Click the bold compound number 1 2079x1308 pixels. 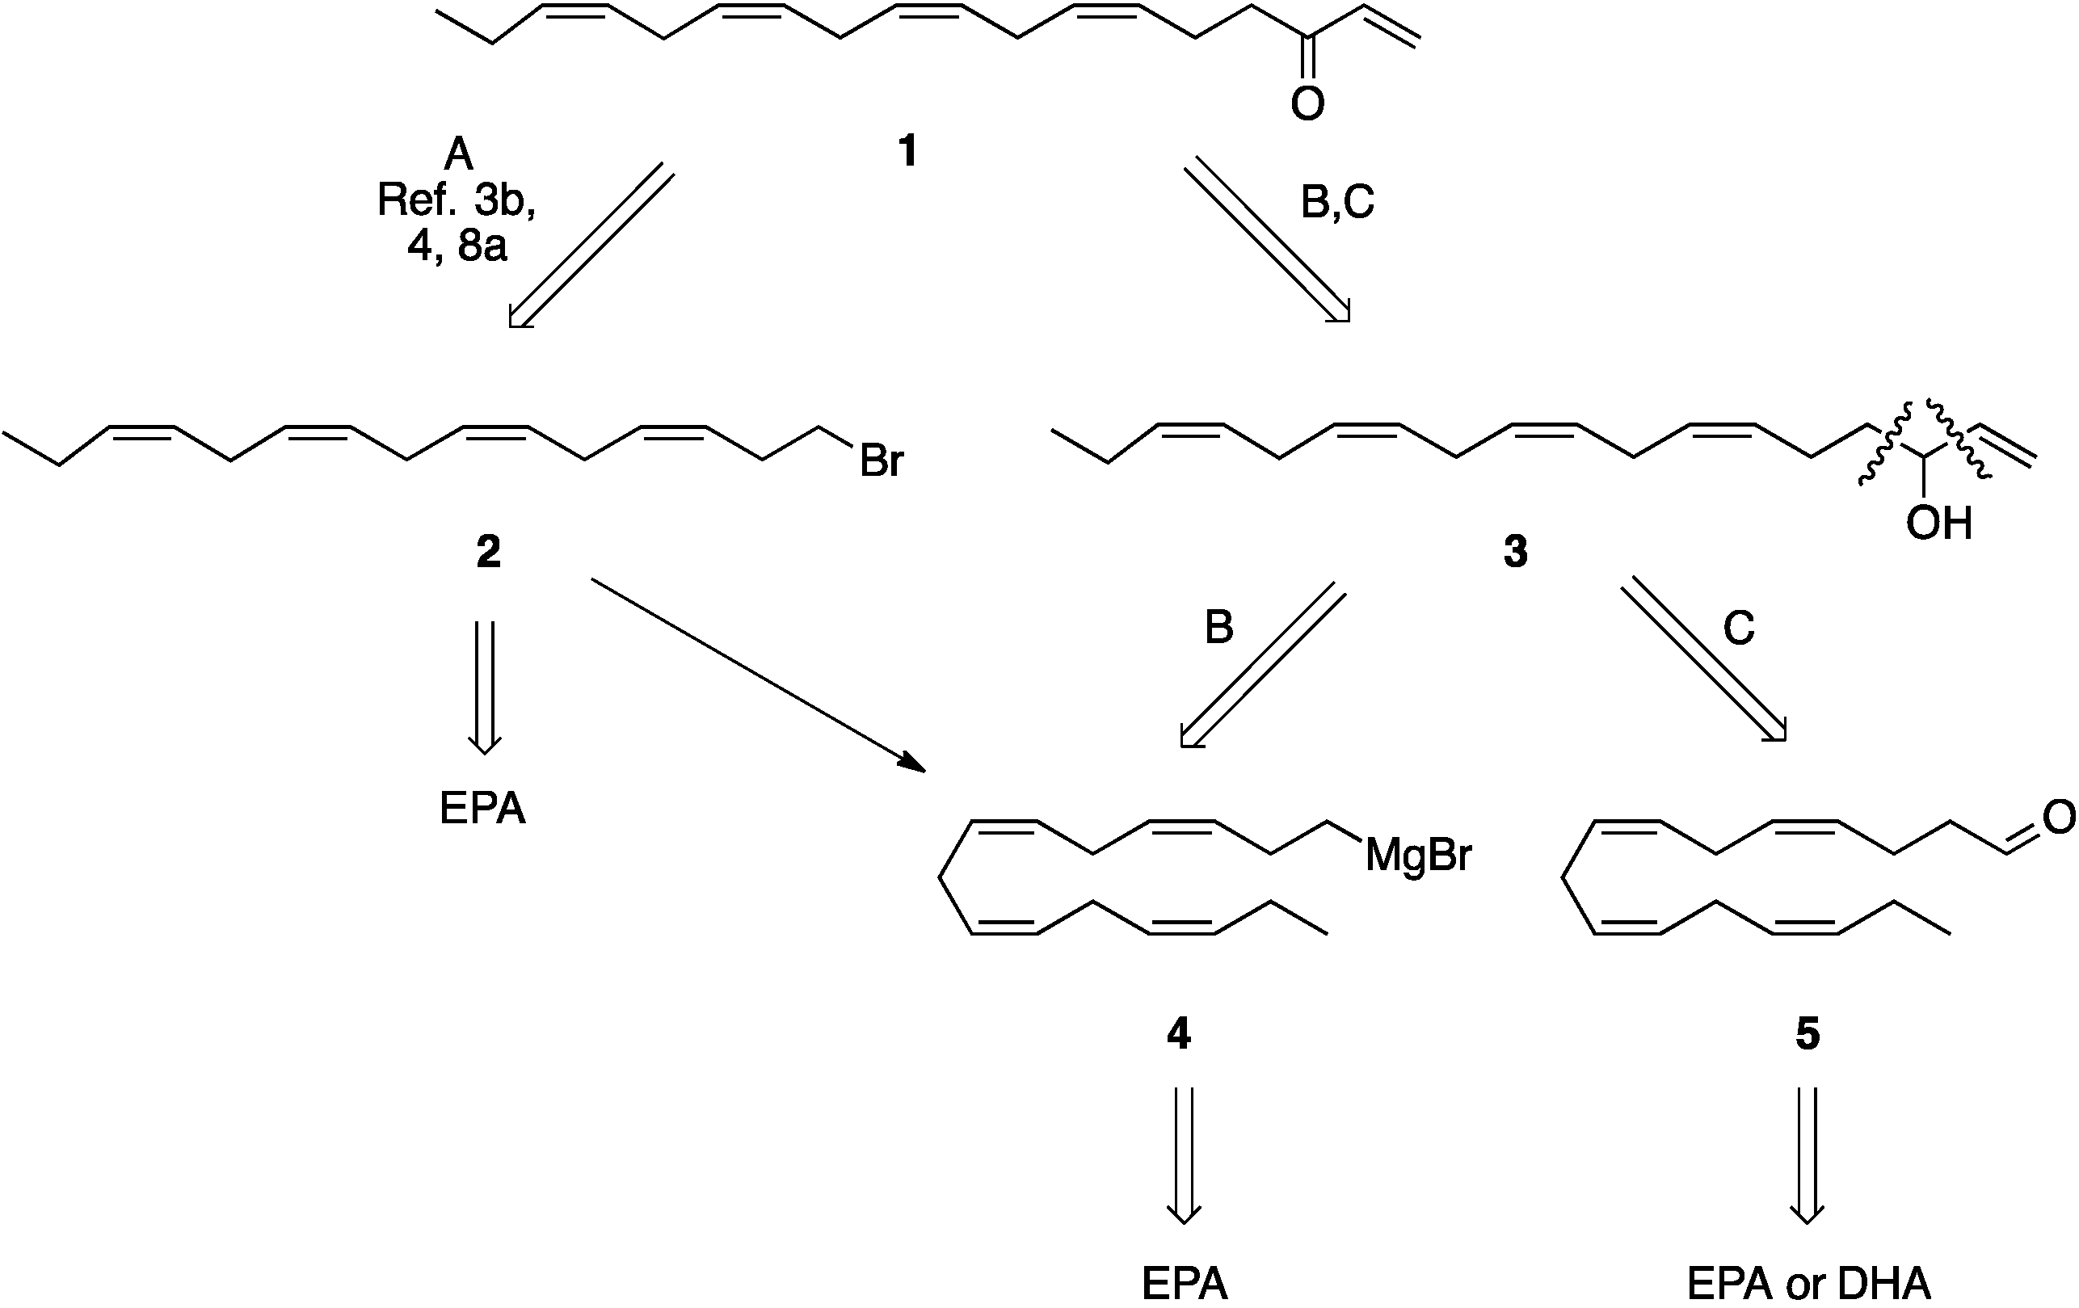(x=907, y=151)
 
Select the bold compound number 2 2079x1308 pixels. (x=489, y=552)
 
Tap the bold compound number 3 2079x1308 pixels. (x=1515, y=552)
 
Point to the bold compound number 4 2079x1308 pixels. (x=1179, y=1033)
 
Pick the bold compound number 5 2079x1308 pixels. (x=1807, y=1033)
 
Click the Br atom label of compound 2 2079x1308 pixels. (x=881, y=462)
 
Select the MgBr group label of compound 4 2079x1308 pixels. (x=1418, y=856)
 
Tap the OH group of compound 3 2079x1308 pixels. (x=1939, y=524)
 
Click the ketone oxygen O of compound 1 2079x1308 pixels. (x=1307, y=103)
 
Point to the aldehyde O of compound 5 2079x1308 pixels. (x=2059, y=817)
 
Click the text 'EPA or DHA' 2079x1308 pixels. (x=1808, y=1284)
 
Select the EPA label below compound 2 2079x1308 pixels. (x=482, y=809)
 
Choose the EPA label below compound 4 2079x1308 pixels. (x=1184, y=1284)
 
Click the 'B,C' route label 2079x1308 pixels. (x=1337, y=202)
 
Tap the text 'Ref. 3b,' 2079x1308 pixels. (x=457, y=200)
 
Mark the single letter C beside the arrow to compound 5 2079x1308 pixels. (x=1739, y=628)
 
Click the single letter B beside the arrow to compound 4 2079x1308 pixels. (x=1218, y=628)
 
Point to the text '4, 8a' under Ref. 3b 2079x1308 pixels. (x=457, y=246)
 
